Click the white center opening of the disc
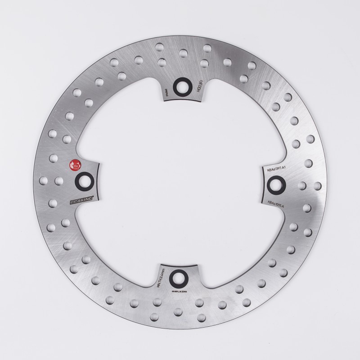pos(180,180)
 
